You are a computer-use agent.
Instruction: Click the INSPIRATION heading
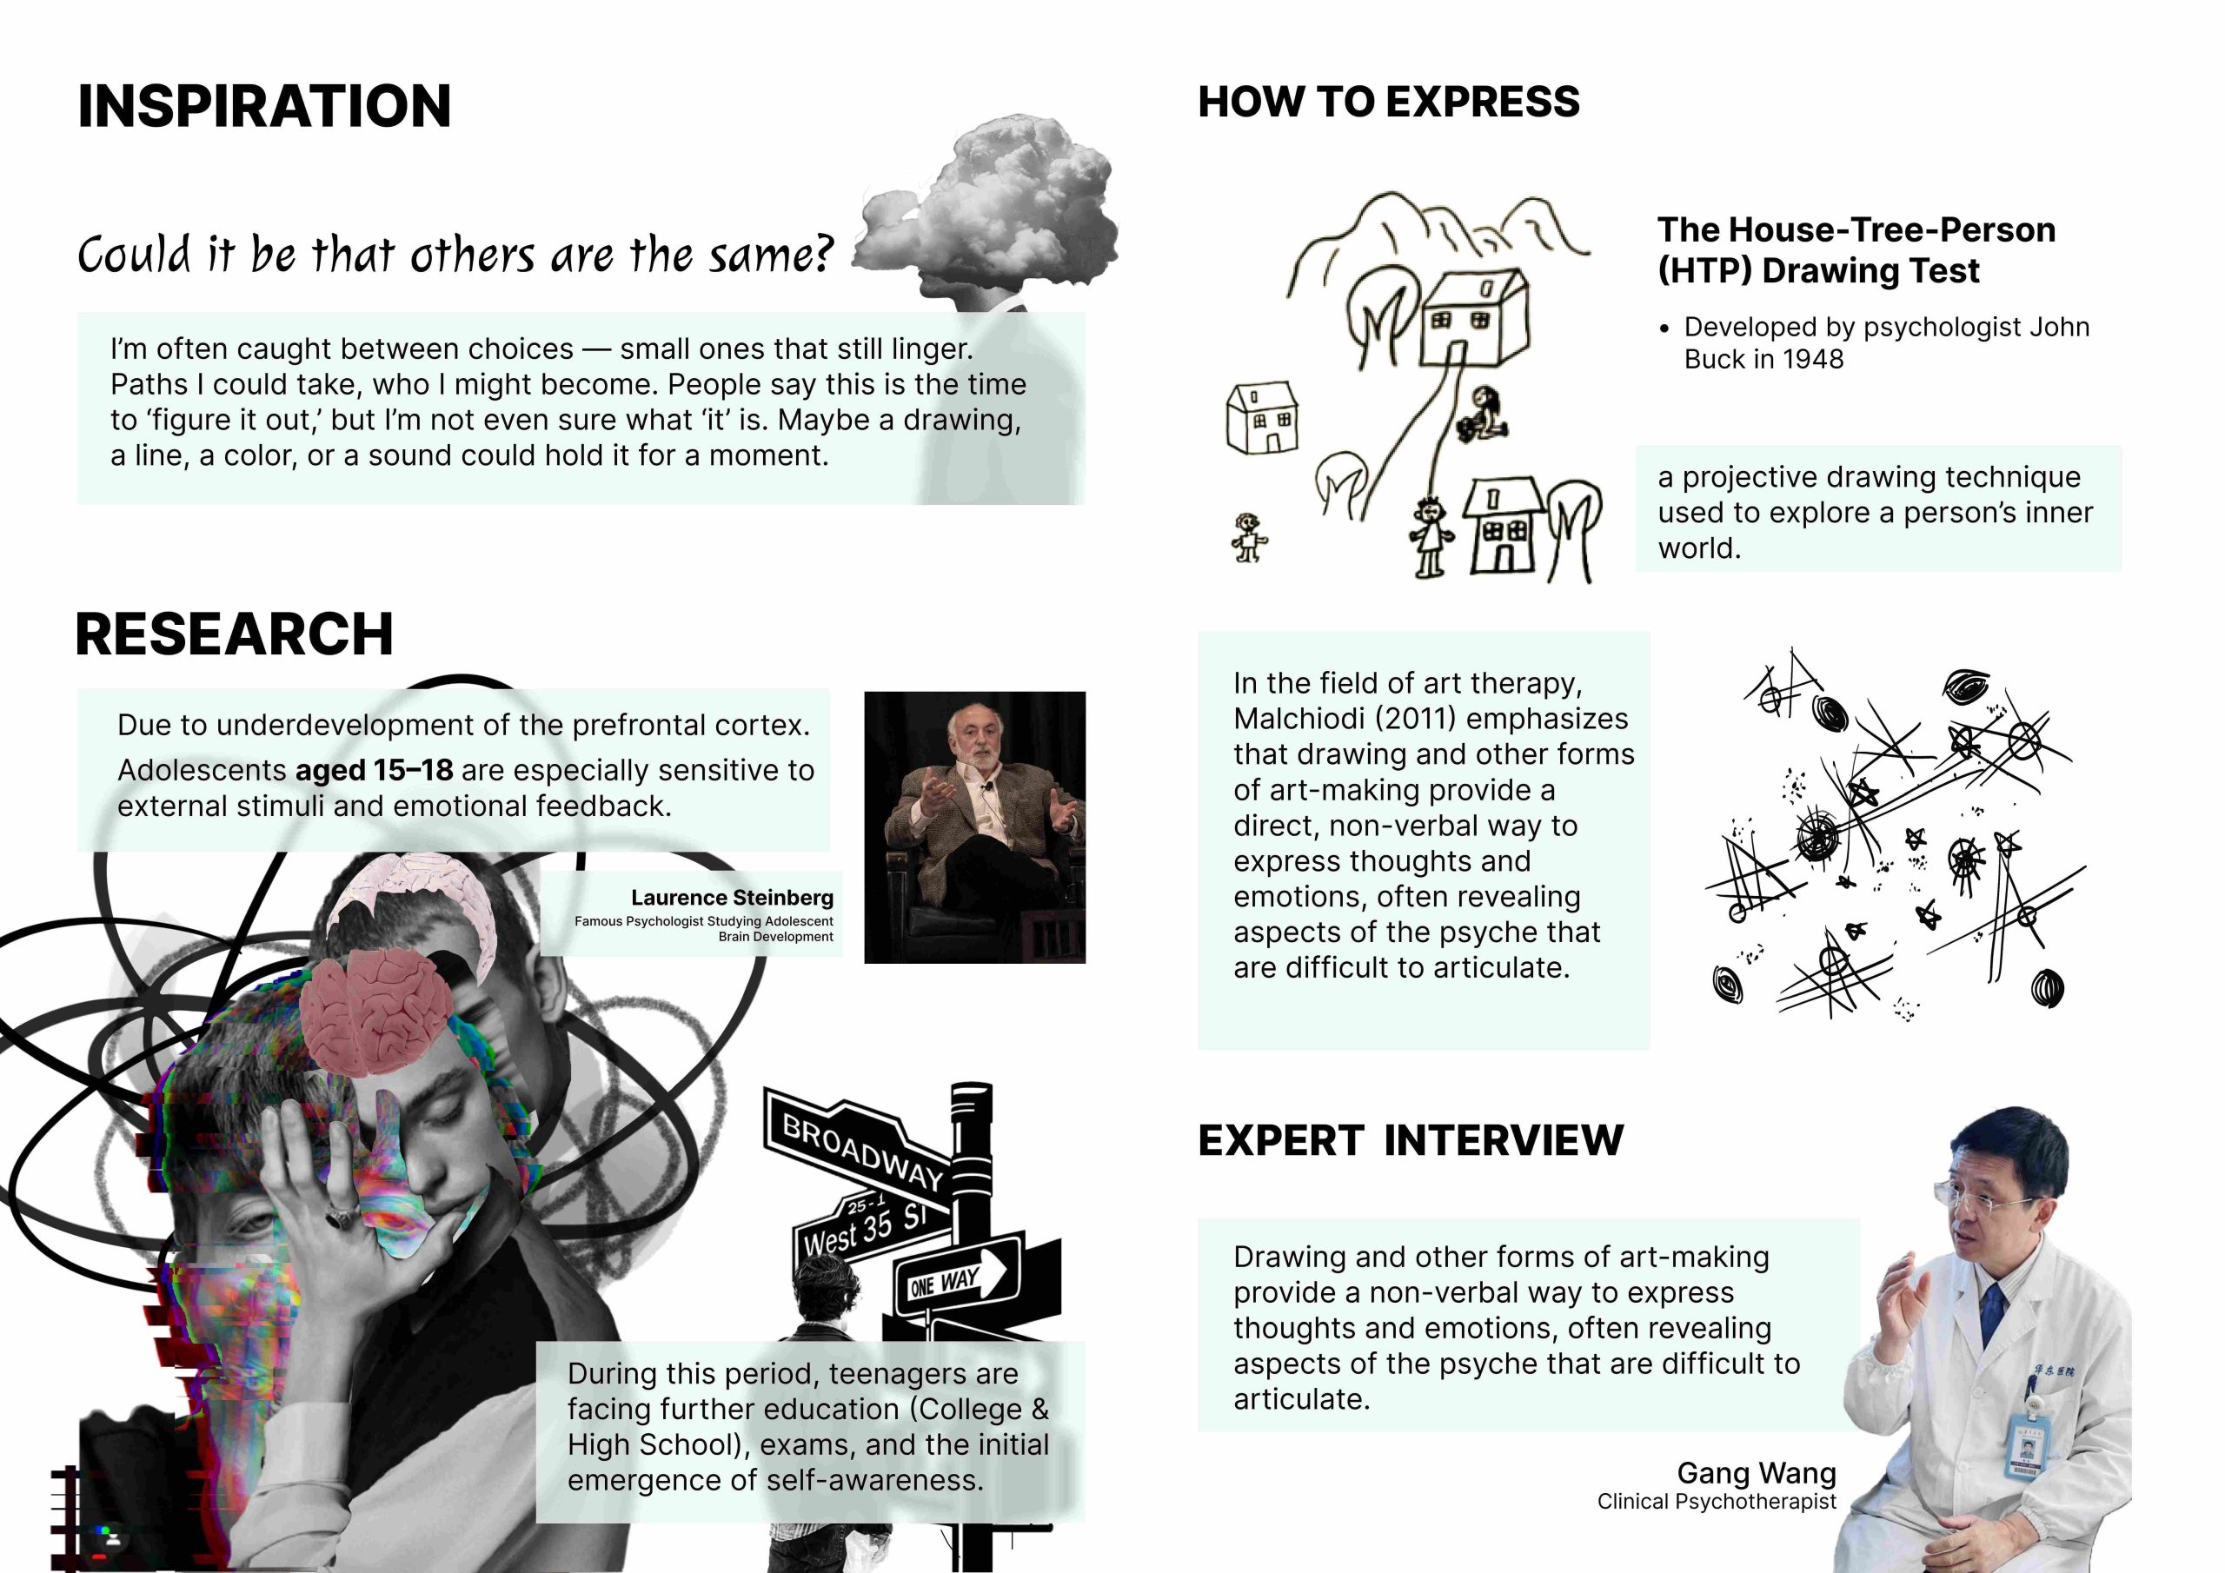pyautogui.click(x=264, y=106)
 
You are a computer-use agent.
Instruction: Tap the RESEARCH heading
pyautogui.click(x=235, y=634)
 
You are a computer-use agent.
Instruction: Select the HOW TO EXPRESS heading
pyautogui.click(x=1389, y=102)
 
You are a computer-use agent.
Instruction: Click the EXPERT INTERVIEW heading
pyautogui.click(x=1411, y=1139)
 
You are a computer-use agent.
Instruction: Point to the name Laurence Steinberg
pyautogui.click(x=732, y=898)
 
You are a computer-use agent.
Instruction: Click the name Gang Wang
pyautogui.click(x=1756, y=1473)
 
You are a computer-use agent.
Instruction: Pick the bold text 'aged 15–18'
pyautogui.click(x=374, y=771)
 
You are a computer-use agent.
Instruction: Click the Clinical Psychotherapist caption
pyautogui.click(x=1717, y=1501)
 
